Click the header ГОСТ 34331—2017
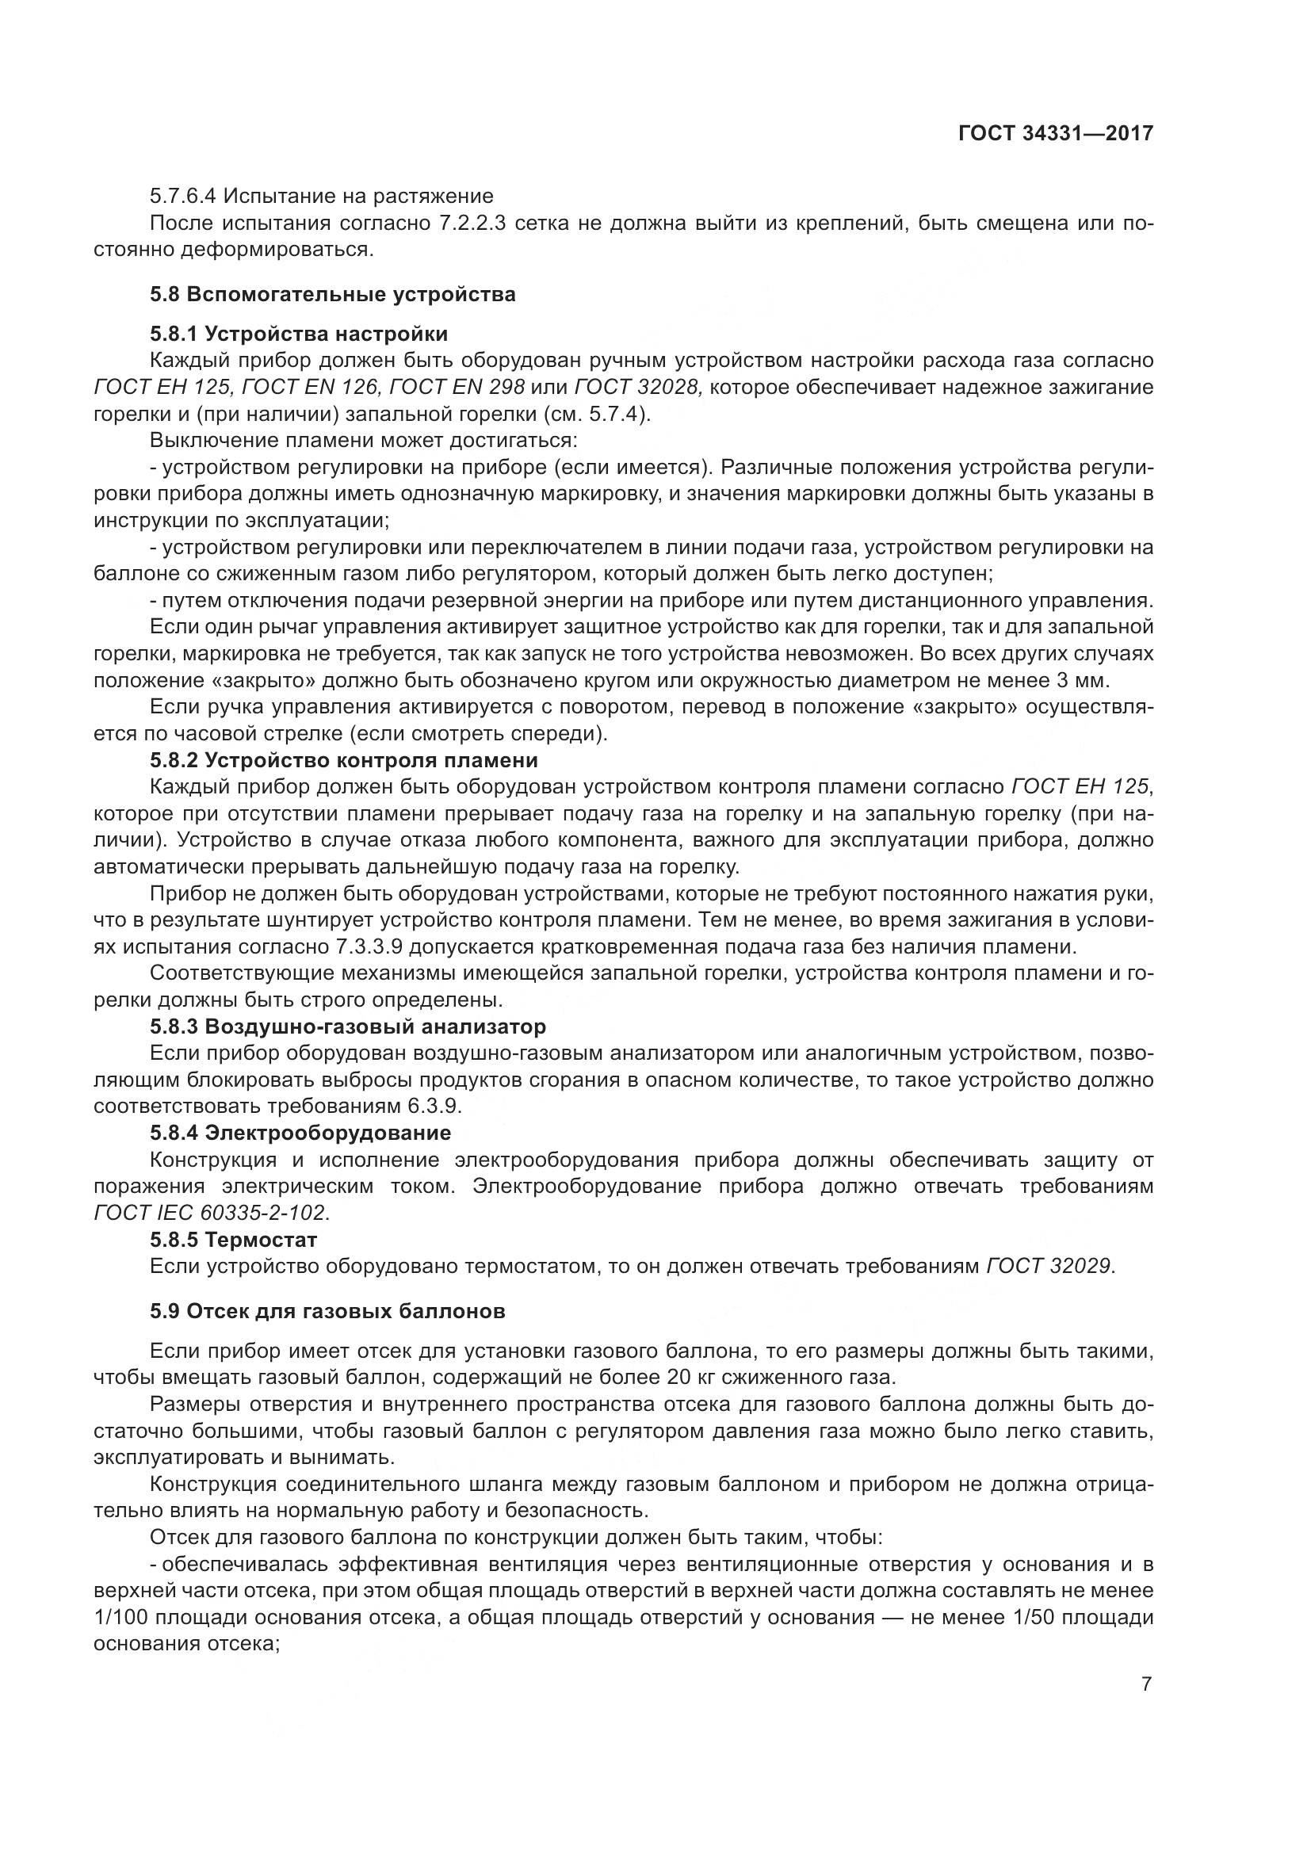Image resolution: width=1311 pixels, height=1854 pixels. point(1055,133)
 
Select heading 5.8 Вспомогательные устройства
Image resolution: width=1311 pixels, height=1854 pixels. point(333,294)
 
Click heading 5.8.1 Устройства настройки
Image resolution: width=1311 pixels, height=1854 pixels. point(299,334)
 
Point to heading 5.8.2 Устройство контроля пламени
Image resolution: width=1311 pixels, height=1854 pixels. point(344,760)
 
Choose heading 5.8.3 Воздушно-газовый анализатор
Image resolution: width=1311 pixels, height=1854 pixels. point(348,1026)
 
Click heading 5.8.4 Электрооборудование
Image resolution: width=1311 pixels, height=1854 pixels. point(300,1133)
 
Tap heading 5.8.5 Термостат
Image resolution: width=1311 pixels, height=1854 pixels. point(234,1240)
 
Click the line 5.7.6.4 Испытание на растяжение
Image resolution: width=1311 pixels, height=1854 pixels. point(321,197)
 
